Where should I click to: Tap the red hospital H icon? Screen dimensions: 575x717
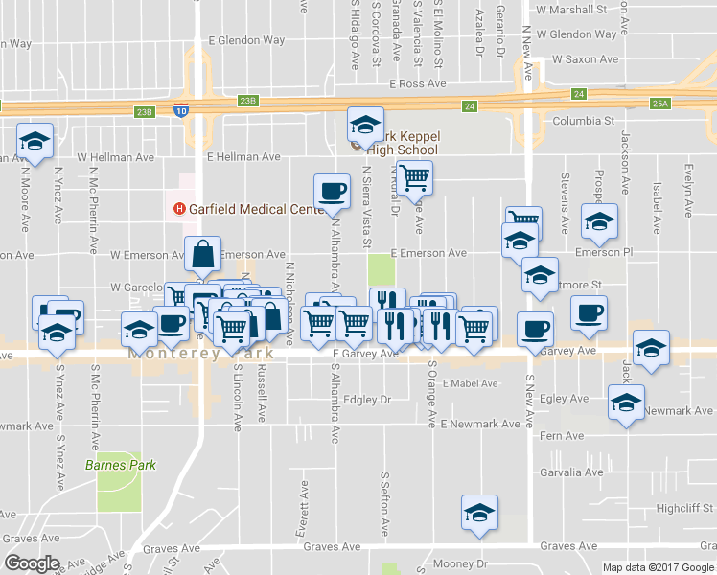(178, 210)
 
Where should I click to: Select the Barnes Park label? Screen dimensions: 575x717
(121, 466)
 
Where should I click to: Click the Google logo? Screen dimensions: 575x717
(32, 563)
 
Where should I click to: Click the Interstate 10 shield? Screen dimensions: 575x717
(181, 110)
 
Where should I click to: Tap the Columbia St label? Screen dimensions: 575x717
(584, 122)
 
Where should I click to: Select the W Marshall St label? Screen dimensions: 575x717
(572, 10)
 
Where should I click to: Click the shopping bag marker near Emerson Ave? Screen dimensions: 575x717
(203, 254)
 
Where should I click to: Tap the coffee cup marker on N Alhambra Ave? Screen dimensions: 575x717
(332, 191)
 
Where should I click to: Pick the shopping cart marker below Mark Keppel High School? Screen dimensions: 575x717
(414, 177)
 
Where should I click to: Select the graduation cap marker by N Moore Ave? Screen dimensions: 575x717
(35, 143)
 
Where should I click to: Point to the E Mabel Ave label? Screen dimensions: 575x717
(470, 383)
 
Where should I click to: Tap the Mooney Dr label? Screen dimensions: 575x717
(461, 563)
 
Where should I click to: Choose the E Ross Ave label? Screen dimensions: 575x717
(418, 84)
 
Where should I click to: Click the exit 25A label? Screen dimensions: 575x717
(659, 103)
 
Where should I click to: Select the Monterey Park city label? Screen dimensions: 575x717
(201, 354)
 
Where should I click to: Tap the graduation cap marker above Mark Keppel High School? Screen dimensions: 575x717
(364, 124)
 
